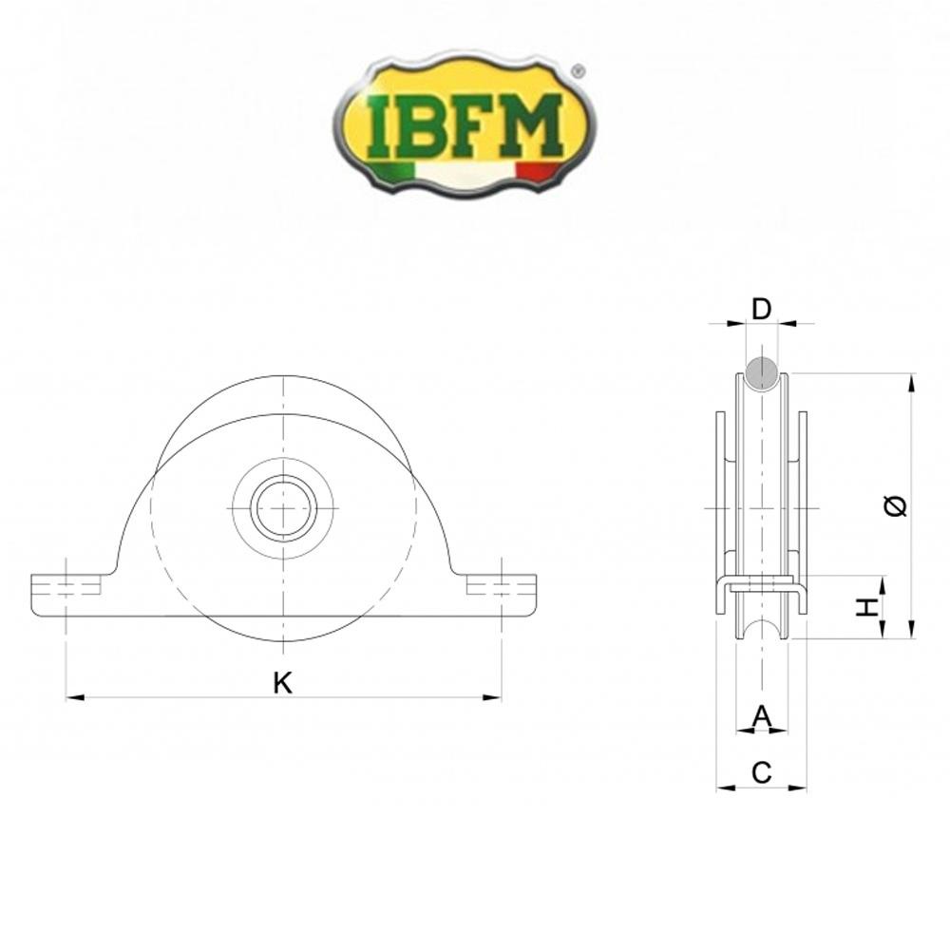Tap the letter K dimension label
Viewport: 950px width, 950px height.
[282, 682]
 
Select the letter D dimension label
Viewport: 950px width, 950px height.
[761, 309]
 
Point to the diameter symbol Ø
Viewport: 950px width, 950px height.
[895, 506]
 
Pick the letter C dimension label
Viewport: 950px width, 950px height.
[761, 773]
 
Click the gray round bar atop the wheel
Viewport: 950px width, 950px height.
[762, 372]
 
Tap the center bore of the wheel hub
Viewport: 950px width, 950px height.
[282, 508]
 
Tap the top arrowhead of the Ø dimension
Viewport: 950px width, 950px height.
[911, 382]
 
